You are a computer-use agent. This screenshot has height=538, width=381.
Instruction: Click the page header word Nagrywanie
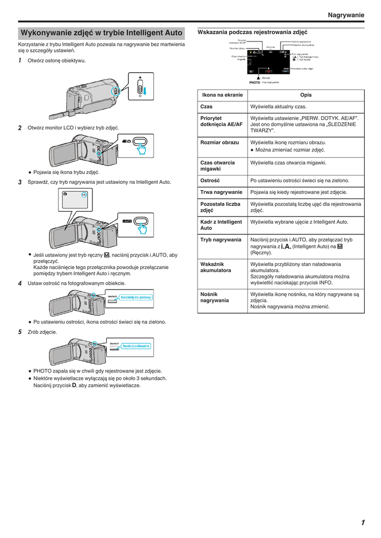coord(345,15)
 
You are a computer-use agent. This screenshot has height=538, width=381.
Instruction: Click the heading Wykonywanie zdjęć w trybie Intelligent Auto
coord(101,33)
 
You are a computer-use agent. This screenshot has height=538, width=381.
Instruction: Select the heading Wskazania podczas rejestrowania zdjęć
coord(252,32)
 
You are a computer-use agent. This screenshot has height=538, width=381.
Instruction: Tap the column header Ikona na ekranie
coord(222,95)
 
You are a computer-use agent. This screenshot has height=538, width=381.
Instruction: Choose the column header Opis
coord(306,95)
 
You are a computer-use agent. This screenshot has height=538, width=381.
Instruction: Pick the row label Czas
coord(207,107)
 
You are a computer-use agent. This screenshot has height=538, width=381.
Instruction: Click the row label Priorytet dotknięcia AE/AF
coord(221,121)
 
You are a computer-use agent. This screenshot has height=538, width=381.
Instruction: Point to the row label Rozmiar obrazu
coord(220,142)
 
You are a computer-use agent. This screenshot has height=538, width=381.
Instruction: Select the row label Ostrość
coord(210,180)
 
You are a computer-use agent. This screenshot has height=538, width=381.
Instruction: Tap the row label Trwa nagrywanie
coord(221,192)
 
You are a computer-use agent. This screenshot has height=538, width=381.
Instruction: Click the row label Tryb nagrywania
coord(221,240)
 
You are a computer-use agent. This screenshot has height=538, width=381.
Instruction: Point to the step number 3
coord(20,182)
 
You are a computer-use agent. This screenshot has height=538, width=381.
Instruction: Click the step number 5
coord(20,332)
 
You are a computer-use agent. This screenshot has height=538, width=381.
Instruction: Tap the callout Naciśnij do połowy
coord(136,298)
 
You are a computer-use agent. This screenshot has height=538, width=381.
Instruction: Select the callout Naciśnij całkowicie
coord(137,346)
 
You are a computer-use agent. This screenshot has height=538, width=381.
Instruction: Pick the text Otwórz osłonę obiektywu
coord(57,61)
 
